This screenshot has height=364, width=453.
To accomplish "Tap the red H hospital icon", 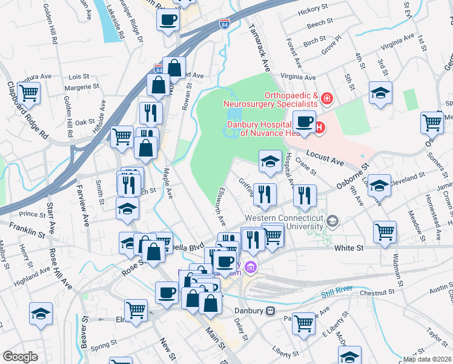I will tap(319, 127).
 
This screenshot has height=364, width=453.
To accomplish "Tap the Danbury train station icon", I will tap(271, 311).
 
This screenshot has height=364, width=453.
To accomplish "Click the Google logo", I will tap(21, 357).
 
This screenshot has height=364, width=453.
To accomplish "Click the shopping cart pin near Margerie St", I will tap(28, 93).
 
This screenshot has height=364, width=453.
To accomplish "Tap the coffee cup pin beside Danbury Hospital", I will tap(305, 121).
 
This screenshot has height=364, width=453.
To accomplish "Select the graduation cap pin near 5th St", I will tap(380, 93).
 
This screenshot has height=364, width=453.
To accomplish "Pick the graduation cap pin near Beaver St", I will tap(41, 313).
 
